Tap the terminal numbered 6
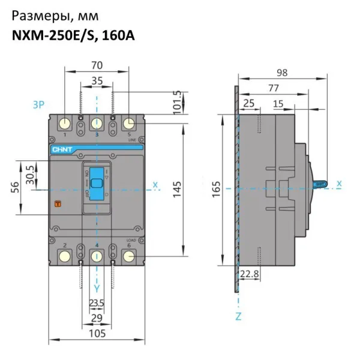pyautogui.click(x=128, y=256)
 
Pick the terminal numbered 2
pyautogui.click(x=64, y=256)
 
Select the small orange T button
pyautogui.click(x=58, y=204)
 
